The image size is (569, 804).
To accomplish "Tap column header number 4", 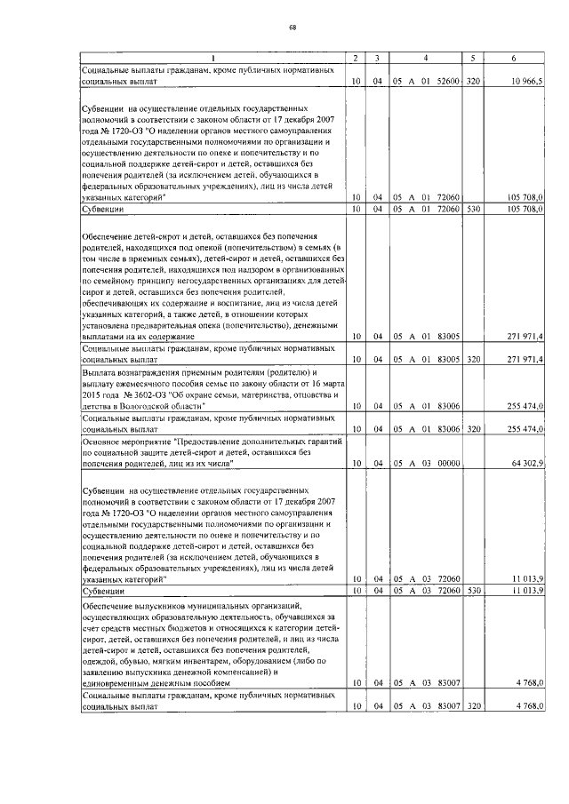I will pos(427,59).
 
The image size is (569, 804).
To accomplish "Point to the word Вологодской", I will pos(146,405).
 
